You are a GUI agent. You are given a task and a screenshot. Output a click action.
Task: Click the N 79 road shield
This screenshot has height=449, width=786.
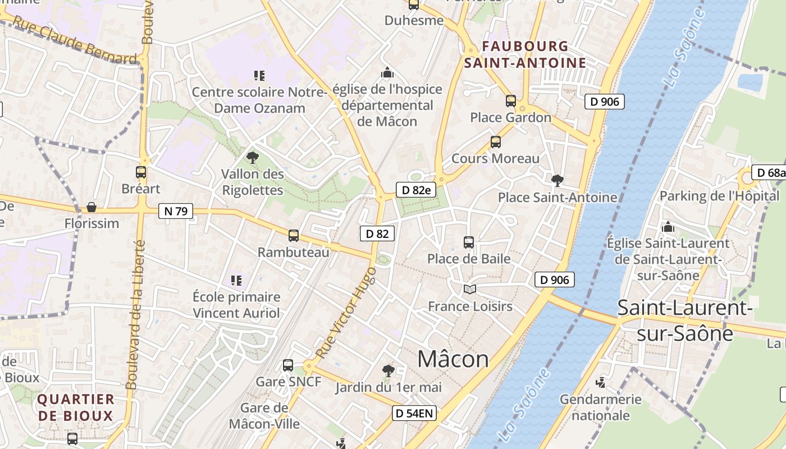coord(176,211)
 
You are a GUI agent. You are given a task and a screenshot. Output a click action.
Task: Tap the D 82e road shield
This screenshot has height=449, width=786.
coord(416,190)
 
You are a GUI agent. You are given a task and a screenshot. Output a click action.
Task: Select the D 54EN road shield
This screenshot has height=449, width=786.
coord(414,414)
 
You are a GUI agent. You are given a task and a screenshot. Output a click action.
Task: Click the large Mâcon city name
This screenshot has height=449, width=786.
coord(453,359)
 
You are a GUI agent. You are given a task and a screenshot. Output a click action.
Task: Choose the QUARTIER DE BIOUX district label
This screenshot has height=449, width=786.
coord(76,407)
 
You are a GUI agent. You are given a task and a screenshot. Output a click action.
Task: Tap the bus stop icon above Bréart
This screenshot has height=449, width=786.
coord(141,172)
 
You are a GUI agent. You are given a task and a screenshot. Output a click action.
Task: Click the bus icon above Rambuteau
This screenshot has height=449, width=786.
coord(294,236)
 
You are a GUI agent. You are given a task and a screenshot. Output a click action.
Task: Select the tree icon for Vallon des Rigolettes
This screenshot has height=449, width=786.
coord(253,158)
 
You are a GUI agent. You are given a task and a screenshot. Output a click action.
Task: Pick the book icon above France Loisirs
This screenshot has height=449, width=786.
coord(470,290)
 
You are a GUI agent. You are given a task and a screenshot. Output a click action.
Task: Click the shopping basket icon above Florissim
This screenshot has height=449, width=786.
coord(92,207)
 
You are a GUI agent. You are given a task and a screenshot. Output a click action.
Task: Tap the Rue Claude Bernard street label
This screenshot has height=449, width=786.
coord(74,39)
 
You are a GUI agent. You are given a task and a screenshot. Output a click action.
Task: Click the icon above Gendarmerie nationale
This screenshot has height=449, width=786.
coord(601,383)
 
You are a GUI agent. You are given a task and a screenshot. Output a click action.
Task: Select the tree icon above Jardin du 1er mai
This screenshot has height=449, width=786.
coord(387,370)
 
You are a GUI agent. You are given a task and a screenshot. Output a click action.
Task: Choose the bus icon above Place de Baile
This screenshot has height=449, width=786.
coord(469,242)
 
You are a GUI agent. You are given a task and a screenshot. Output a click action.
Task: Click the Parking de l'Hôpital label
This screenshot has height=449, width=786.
coord(719,196)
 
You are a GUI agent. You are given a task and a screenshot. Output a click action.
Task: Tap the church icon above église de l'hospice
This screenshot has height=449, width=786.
coord(387,72)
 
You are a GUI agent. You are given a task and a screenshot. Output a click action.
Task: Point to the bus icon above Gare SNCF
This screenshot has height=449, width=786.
coord(288,365)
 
